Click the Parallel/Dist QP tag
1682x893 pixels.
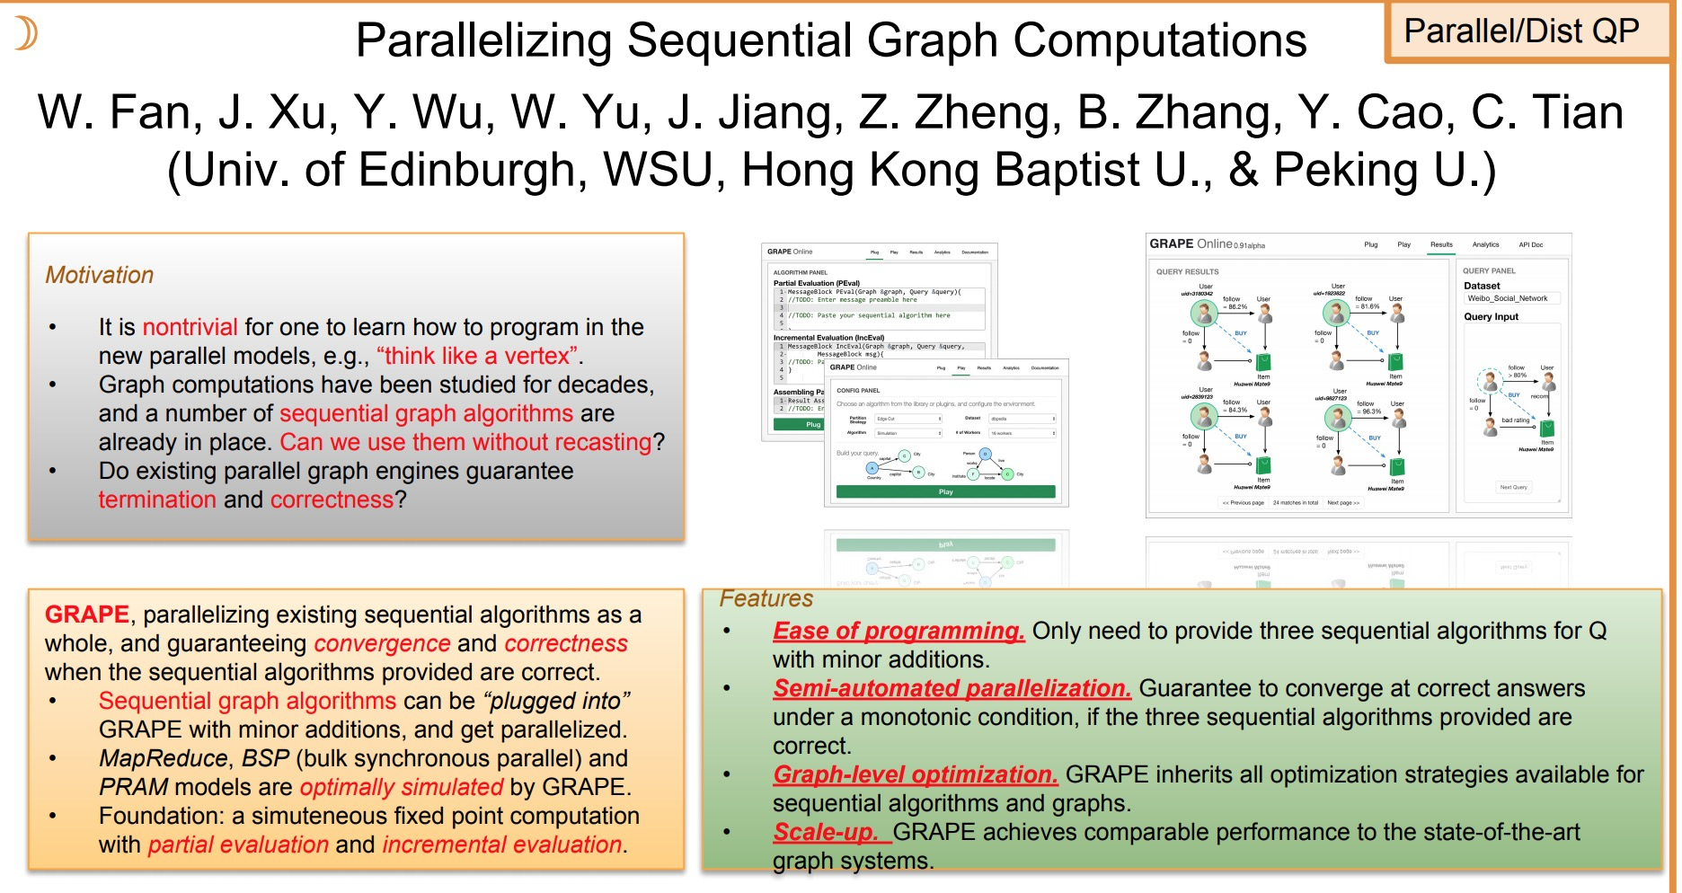click(x=1521, y=31)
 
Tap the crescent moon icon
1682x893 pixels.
click(x=26, y=33)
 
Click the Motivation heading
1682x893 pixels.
click(x=99, y=275)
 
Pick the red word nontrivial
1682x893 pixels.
click(x=190, y=327)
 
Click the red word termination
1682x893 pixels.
click(x=157, y=500)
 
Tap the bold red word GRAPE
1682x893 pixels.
click(x=87, y=614)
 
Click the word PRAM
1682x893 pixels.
click(x=133, y=787)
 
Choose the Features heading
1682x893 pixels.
click(x=766, y=598)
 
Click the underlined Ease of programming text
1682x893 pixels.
click(x=898, y=631)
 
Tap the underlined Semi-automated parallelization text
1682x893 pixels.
click(x=952, y=688)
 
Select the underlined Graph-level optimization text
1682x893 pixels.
click(x=915, y=774)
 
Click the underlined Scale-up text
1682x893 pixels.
click(x=825, y=832)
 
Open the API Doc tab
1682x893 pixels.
click(x=1530, y=244)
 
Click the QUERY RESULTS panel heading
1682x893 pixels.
click(x=1187, y=271)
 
